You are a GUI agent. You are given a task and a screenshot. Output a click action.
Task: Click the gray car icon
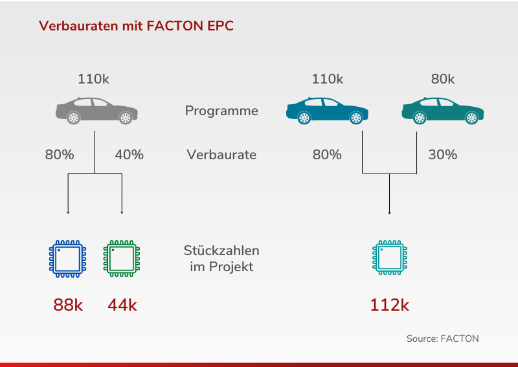pyautogui.click(x=96, y=111)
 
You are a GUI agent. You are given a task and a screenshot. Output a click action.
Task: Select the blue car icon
pyautogui.click(x=327, y=111)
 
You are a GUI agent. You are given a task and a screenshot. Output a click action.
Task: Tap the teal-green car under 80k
pyautogui.click(x=443, y=111)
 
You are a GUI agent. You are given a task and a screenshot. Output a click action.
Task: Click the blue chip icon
pyautogui.click(x=68, y=259)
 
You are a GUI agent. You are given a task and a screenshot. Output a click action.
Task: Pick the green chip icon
pyautogui.click(x=122, y=259)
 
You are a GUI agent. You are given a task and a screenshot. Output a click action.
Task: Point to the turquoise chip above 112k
pyautogui.click(x=390, y=258)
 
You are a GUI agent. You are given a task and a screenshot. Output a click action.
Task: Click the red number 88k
pyautogui.click(x=68, y=305)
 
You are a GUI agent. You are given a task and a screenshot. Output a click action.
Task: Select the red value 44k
pyautogui.click(x=122, y=305)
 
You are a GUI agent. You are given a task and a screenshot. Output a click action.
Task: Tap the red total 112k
pyautogui.click(x=390, y=305)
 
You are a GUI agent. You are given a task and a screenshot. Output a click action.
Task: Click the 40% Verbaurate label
pyautogui.click(x=129, y=155)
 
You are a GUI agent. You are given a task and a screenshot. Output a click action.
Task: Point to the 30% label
pyautogui.click(x=443, y=155)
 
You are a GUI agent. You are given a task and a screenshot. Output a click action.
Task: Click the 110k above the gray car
pyautogui.click(x=93, y=79)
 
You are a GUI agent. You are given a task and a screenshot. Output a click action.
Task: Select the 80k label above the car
pyautogui.click(x=443, y=79)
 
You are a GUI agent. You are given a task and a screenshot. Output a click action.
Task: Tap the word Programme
pyautogui.click(x=221, y=111)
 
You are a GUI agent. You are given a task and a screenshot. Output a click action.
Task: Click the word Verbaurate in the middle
pyautogui.click(x=221, y=155)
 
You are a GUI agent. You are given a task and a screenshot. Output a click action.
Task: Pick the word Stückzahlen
pyautogui.click(x=221, y=250)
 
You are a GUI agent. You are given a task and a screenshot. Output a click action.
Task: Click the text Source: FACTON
pyautogui.click(x=443, y=339)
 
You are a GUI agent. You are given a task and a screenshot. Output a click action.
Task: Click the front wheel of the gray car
pyautogui.click(x=126, y=118)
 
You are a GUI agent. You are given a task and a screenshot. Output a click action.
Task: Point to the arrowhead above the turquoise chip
pyautogui.click(x=390, y=213)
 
